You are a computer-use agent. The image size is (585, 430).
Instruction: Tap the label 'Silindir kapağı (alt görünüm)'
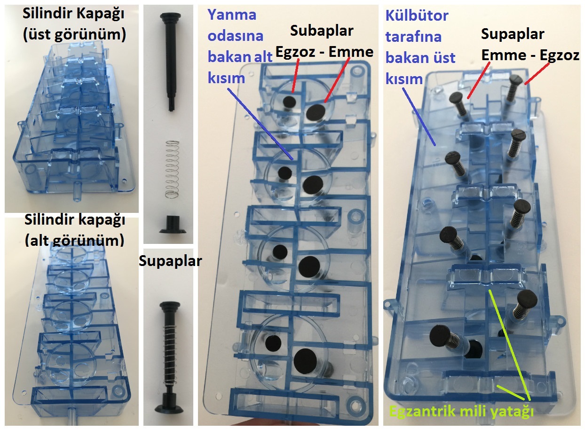click(x=74, y=231)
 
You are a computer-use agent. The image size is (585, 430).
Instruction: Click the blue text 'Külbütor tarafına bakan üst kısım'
click(x=420, y=47)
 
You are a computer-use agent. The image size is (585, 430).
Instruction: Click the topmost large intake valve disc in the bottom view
click(x=315, y=111)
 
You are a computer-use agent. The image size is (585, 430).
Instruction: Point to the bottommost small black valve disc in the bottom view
click(x=271, y=343)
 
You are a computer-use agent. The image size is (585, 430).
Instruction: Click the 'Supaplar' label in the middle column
click(x=170, y=261)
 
